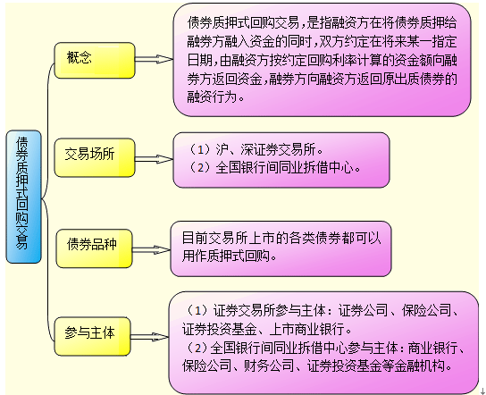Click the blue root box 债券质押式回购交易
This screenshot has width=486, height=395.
tap(23, 197)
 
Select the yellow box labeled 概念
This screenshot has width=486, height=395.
tap(95, 60)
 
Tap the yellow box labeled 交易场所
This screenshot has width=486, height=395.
tap(95, 157)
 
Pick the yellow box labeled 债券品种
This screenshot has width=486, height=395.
tap(94, 248)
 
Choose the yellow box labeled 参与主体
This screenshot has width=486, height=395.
tap(92, 336)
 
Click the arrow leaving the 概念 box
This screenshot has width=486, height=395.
tap(154, 59)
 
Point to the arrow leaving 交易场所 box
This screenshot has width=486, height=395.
tap(154, 159)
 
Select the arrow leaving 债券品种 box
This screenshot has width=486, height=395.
tap(151, 250)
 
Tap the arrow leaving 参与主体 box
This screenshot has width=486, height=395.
tap(150, 337)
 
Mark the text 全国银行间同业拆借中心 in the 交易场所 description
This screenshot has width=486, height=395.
tap(284, 168)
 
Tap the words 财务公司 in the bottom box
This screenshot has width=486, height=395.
tap(268, 366)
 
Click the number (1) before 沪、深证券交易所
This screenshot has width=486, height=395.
tap(200, 150)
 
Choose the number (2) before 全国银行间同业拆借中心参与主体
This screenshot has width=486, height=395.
tap(196, 348)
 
